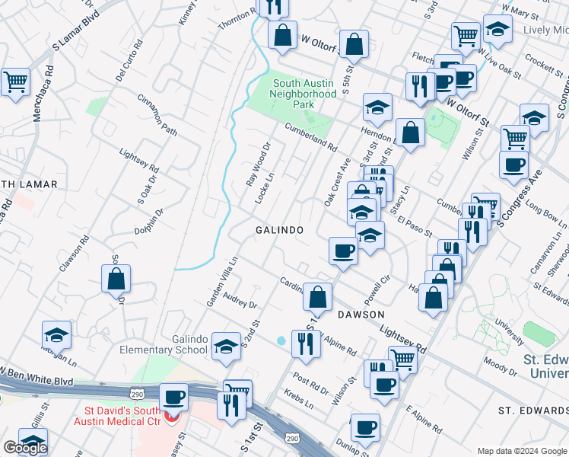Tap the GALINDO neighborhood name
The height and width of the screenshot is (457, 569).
pyautogui.click(x=280, y=230)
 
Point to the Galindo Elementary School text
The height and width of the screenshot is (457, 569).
pyautogui.click(x=169, y=344)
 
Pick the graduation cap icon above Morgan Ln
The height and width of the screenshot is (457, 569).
pyautogui.click(x=56, y=334)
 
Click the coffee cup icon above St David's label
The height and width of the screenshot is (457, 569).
pyautogui.click(x=174, y=397)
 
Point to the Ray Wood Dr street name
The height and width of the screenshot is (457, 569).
pyautogui.click(x=259, y=166)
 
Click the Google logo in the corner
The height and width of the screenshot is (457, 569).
pyautogui.click(x=25, y=448)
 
